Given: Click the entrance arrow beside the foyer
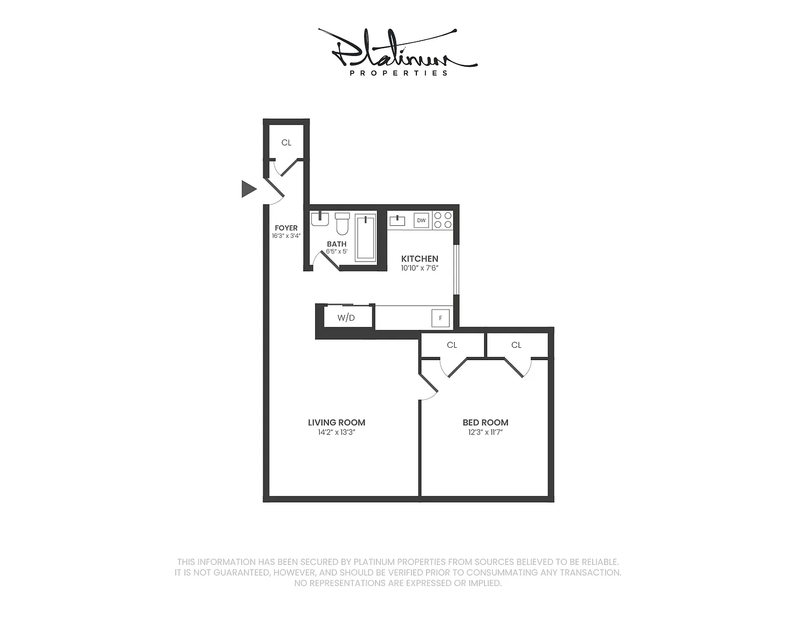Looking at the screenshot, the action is tap(248, 189).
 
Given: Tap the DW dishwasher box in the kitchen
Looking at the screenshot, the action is tap(421, 220).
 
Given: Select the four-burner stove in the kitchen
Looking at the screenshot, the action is tap(443, 220).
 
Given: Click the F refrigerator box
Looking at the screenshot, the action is tap(440, 318).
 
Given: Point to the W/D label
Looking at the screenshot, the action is tap(346, 318).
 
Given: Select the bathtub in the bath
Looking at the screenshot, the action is tap(366, 238).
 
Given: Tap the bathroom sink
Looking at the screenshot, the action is tap(320, 219).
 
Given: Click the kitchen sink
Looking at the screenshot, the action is tap(397, 220).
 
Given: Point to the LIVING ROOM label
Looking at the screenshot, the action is tap(337, 422).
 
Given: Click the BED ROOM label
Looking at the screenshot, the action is tap(485, 422).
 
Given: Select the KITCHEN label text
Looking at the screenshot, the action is tap(420, 259).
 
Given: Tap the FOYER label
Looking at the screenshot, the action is tap(286, 227).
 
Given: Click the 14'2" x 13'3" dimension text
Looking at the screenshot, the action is tap(337, 432).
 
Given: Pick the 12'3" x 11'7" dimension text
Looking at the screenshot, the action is tap(485, 432).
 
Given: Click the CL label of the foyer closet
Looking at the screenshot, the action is tap(286, 142).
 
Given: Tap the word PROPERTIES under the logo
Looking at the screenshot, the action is tap(398, 73).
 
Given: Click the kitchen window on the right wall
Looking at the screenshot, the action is tap(456, 270).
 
